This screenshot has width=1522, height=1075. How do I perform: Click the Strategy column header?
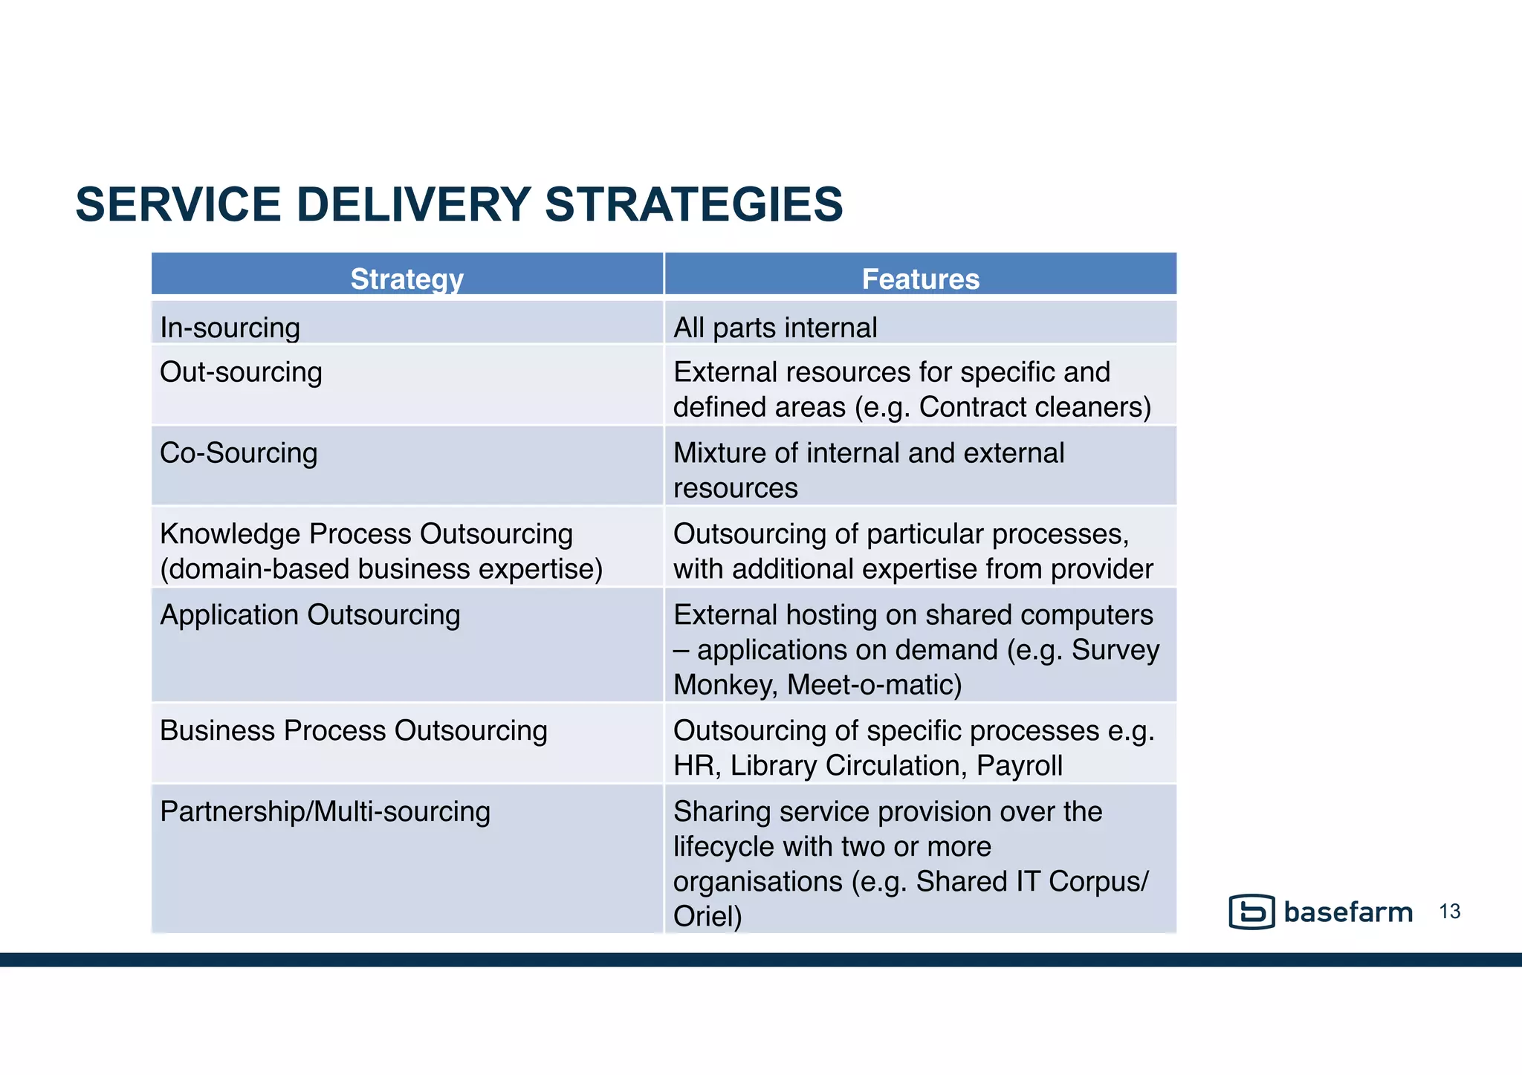(x=407, y=279)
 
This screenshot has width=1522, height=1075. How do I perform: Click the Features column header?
(x=920, y=279)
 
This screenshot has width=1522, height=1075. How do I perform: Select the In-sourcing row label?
(x=230, y=328)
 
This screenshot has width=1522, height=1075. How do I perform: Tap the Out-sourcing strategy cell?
(x=241, y=372)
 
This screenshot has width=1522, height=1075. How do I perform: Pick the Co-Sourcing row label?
(x=239, y=453)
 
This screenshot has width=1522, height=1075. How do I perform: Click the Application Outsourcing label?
(x=310, y=615)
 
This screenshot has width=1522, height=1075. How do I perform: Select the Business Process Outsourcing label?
(x=354, y=730)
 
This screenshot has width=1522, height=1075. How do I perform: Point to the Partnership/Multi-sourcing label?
(x=325, y=811)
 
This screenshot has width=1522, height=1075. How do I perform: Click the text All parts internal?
(x=775, y=328)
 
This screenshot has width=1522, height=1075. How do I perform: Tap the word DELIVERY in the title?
(x=413, y=204)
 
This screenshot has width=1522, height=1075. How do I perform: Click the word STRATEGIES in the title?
(x=693, y=204)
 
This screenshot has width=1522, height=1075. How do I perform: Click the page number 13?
(x=1449, y=912)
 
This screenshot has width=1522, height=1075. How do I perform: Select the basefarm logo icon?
(x=1251, y=912)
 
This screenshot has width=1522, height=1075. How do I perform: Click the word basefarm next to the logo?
(x=1348, y=912)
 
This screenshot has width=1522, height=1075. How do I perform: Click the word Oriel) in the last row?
(x=707, y=916)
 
